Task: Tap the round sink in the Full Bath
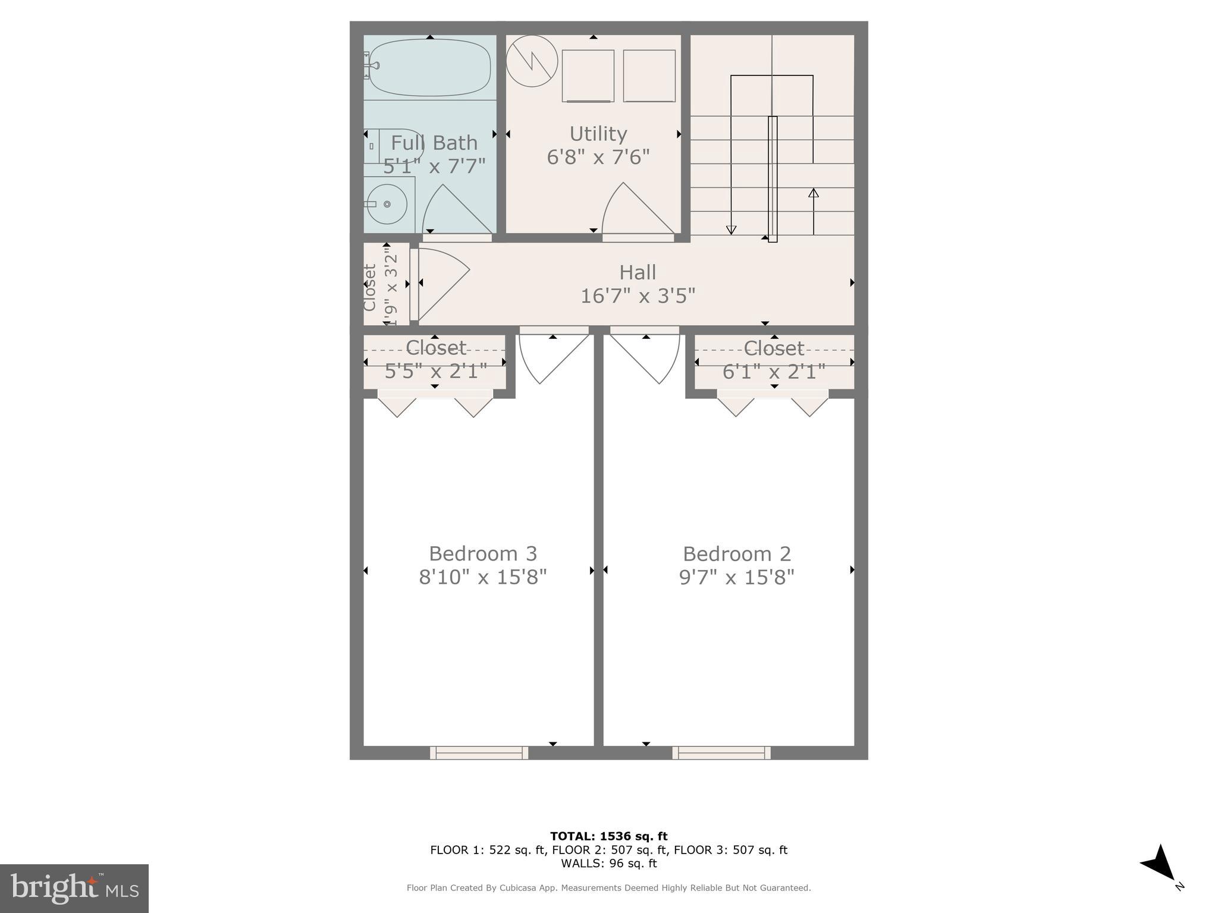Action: pyautogui.click(x=387, y=204)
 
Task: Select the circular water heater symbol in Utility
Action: pyautogui.click(x=532, y=61)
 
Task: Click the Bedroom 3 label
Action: pyautogui.click(x=483, y=553)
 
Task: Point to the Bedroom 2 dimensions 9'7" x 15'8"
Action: pyautogui.click(x=737, y=577)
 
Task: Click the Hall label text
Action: pyautogui.click(x=638, y=272)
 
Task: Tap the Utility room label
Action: pyautogui.click(x=598, y=134)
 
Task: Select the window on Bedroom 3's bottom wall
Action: pyautogui.click(x=479, y=753)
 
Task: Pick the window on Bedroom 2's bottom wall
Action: pyautogui.click(x=721, y=753)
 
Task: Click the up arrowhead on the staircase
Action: pyautogui.click(x=814, y=193)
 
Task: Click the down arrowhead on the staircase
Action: pyautogui.click(x=732, y=230)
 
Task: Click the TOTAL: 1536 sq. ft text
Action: pyautogui.click(x=608, y=836)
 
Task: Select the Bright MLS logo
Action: pyautogui.click(x=74, y=888)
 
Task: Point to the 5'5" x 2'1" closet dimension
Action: pyautogui.click(x=436, y=372)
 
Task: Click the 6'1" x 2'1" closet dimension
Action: pyautogui.click(x=774, y=372)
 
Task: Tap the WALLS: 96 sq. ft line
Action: pyautogui.click(x=608, y=863)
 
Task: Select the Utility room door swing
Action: pyautogui.click(x=635, y=211)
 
